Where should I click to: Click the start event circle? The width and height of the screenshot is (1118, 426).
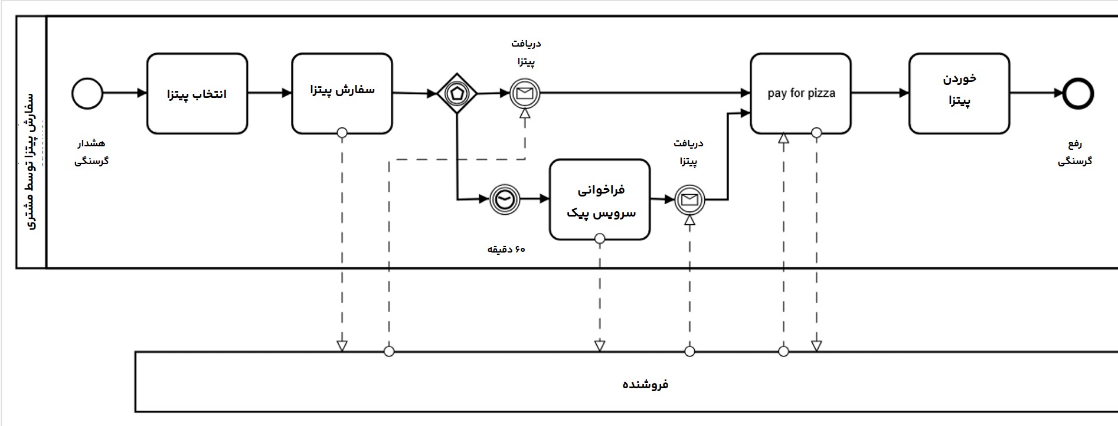point(87,93)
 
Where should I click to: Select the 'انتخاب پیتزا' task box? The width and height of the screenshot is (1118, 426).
point(197,94)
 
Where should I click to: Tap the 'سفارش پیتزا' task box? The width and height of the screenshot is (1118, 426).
point(342,93)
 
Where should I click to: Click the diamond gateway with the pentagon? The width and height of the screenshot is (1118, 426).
point(457,93)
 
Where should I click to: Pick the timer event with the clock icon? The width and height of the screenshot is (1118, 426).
point(505,199)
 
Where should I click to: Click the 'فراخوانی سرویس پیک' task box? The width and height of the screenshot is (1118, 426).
point(600,199)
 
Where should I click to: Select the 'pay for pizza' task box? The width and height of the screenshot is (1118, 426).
point(800,93)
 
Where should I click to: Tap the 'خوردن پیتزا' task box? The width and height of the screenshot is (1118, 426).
point(959,93)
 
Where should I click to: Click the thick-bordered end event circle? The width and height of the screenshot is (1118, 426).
point(1078,93)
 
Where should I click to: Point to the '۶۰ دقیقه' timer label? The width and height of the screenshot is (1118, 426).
point(506,250)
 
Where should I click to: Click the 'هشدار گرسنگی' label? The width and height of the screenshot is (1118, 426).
point(91,152)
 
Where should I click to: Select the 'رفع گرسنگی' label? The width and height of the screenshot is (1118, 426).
point(1075,152)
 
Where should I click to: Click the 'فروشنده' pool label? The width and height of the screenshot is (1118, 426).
point(645,385)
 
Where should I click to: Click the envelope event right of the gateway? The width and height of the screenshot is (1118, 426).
point(525,93)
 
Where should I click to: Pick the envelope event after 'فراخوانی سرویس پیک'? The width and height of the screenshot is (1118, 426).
point(689,199)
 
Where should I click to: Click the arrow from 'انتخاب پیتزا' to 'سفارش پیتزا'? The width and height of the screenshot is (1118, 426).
point(269,93)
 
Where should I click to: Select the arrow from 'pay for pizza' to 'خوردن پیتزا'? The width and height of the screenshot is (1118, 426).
point(880,93)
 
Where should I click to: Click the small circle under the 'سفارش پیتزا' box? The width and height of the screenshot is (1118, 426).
point(342,133)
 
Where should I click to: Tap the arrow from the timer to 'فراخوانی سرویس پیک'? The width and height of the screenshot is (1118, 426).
point(535,199)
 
